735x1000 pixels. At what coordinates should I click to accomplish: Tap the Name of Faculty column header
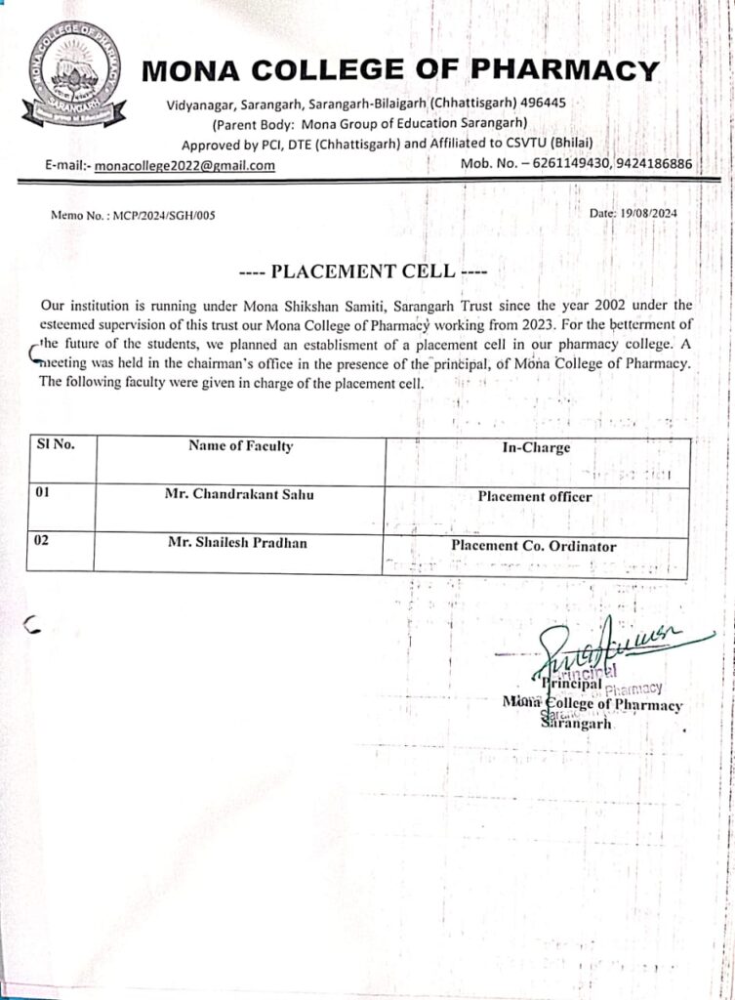(240, 446)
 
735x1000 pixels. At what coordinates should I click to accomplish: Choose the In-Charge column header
(535, 448)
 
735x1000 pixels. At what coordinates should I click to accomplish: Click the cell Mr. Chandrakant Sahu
(239, 495)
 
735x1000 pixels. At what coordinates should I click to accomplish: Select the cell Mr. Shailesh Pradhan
(236, 543)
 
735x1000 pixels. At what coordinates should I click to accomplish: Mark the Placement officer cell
(535, 497)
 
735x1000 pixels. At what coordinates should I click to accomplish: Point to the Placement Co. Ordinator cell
(533, 547)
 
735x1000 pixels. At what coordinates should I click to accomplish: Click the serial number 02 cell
(42, 542)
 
